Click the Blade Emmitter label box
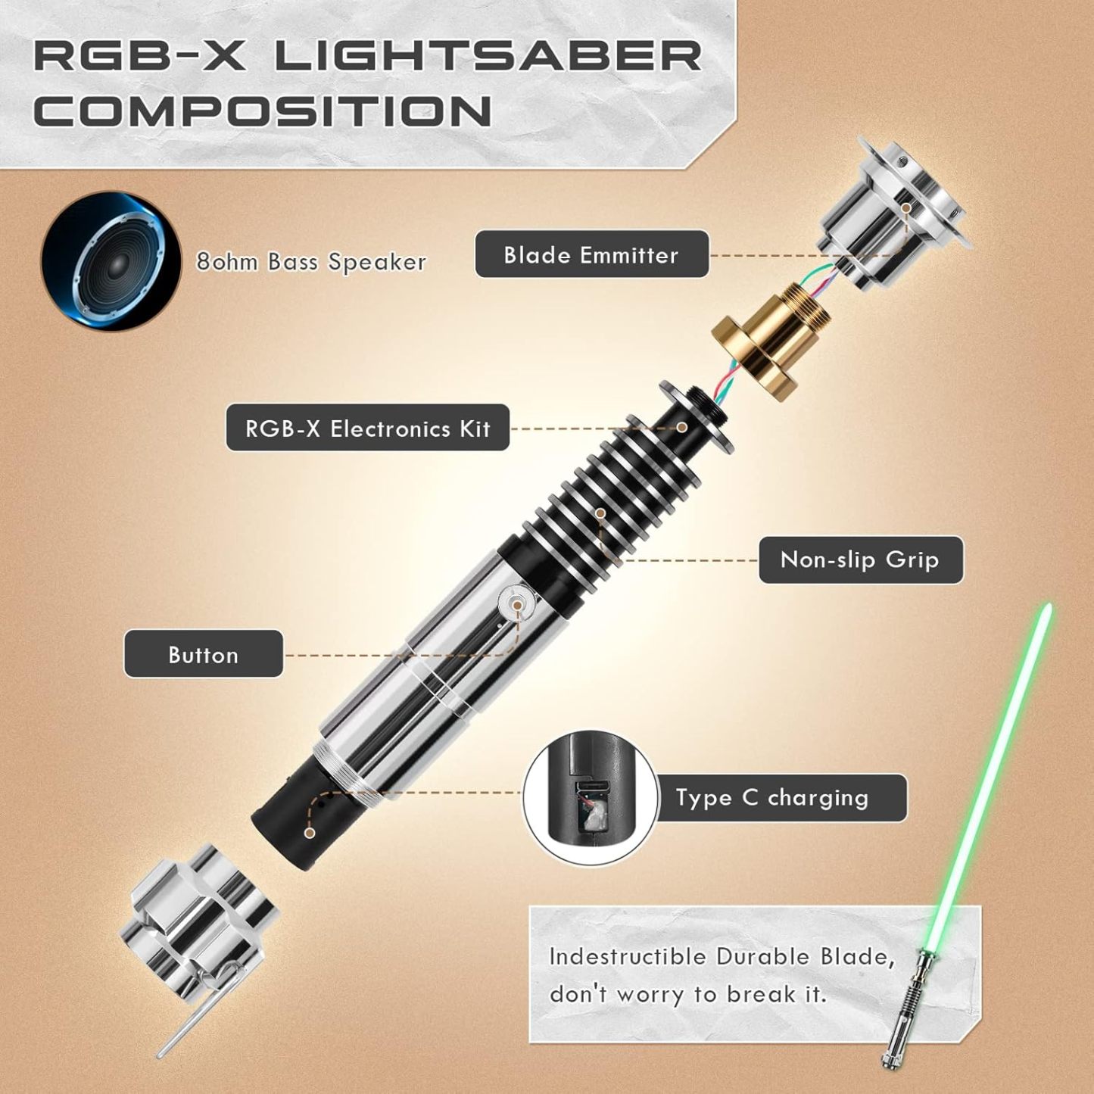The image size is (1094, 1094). click(591, 255)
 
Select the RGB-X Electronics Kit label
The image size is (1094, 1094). click(367, 429)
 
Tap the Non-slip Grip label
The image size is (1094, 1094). click(860, 560)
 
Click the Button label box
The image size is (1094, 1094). click(203, 655)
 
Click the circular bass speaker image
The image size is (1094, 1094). click(111, 261)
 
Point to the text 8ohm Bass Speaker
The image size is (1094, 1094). click(310, 262)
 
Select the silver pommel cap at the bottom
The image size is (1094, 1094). click(198, 930)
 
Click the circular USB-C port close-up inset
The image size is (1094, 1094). click(591, 798)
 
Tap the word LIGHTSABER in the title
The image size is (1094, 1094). click(488, 57)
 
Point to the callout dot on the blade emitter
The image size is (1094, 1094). click(906, 207)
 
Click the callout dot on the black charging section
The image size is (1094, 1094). click(310, 833)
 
